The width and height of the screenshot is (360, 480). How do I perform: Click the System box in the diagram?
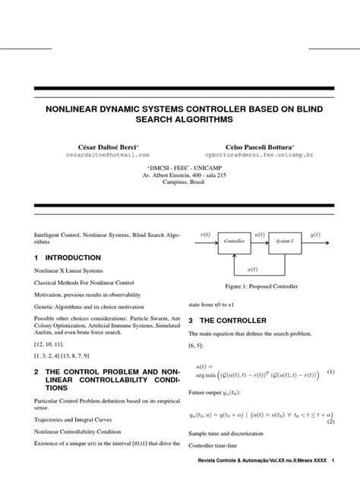[283, 240]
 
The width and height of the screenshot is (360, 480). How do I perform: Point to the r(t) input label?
[204, 235]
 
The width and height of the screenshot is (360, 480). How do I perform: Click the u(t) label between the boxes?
[258, 235]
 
